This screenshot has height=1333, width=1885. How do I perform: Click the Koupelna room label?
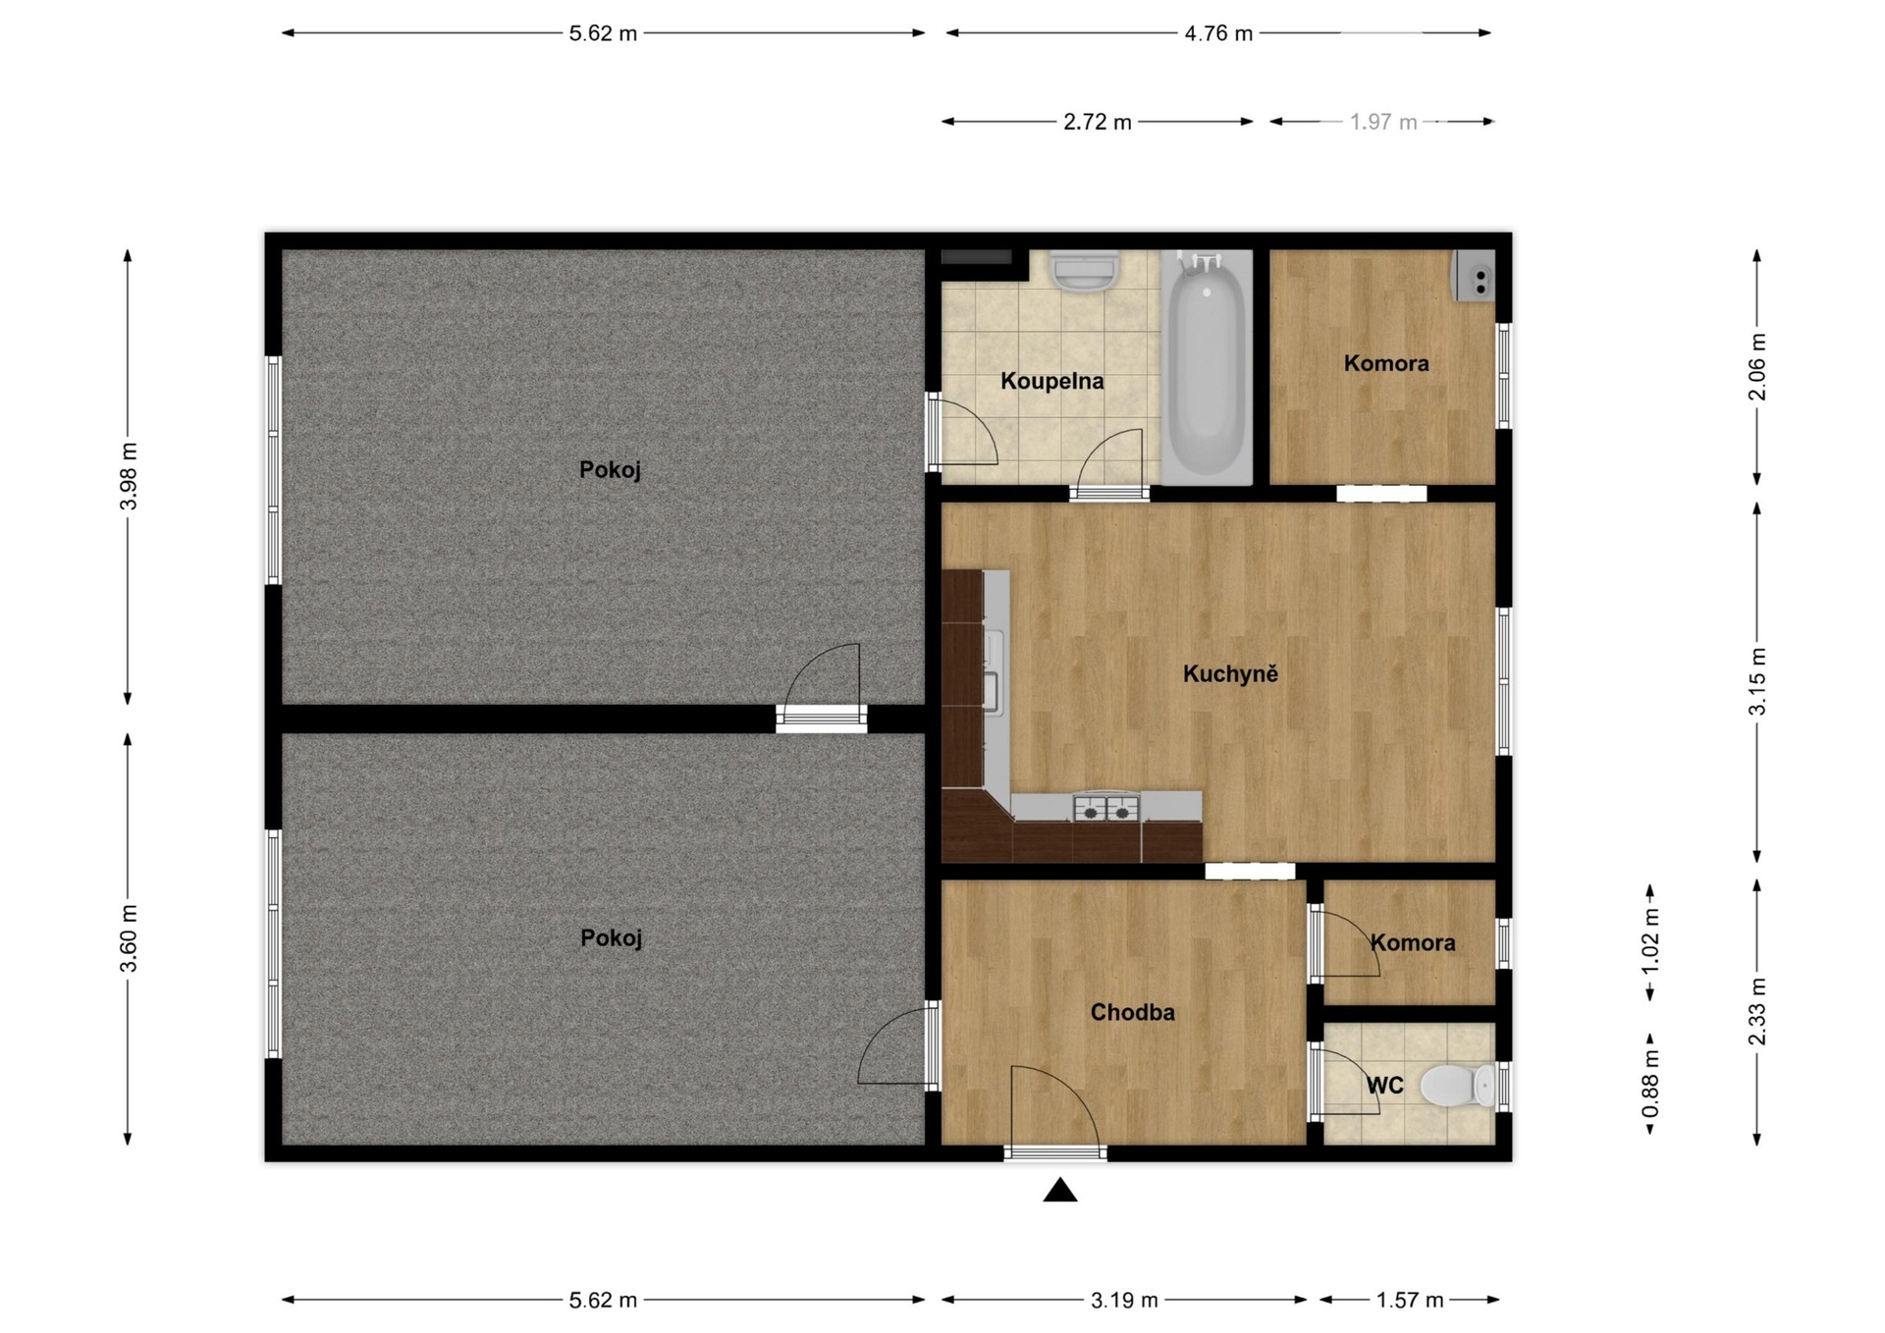(1051, 381)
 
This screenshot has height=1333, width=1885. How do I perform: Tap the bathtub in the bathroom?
(1207, 367)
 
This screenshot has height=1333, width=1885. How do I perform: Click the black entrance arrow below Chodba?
(1060, 1190)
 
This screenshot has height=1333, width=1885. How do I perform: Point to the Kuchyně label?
(1230, 673)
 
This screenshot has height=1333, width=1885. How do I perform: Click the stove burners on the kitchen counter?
(1106, 808)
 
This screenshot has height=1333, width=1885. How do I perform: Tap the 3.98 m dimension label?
(129, 476)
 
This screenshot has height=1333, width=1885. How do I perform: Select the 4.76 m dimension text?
(1218, 33)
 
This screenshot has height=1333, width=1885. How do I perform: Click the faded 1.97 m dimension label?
(1383, 122)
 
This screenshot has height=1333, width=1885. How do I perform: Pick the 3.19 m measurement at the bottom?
(1124, 1300)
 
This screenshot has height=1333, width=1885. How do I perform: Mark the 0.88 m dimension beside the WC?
(1650, 1084)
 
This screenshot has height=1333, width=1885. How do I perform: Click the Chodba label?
(1132, 1012)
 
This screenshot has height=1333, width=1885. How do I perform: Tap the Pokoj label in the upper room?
(610, 470)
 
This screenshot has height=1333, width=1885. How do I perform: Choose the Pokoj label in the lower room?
(611, 938)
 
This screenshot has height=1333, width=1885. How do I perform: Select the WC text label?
(1385, 1086)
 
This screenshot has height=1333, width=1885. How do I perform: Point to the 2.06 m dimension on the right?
(1757, 366)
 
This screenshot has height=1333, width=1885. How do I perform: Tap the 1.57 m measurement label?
(1410, 1300)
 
